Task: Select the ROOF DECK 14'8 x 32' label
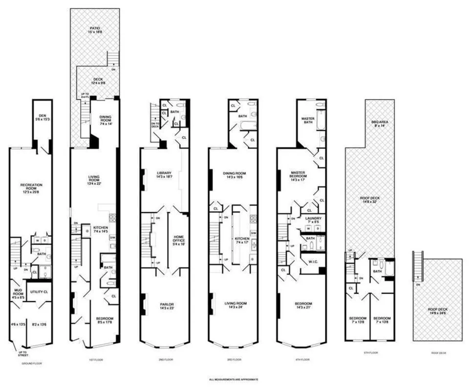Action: pyautogui.click(x=369, y=199)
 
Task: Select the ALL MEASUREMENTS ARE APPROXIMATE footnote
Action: pyautogui.click(x=233, y=379)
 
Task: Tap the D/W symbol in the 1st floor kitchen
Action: pyautogui.click(x=113, y=238)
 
